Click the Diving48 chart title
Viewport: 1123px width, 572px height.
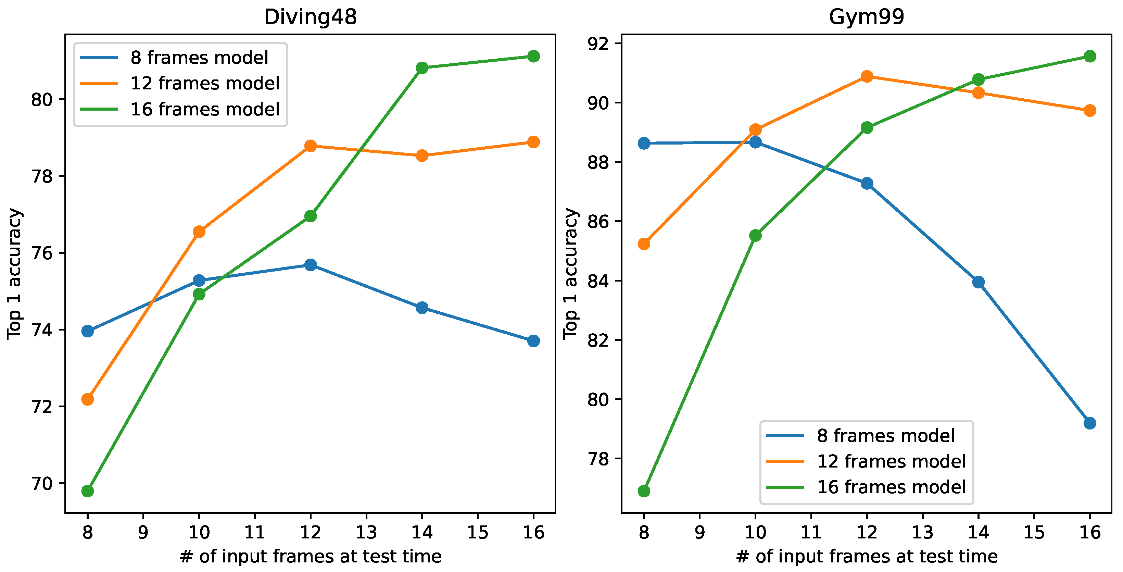[x=311, y=17]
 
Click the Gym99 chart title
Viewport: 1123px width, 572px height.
[x=866, y=17]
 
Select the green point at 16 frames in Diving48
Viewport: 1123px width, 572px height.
[x=533, y=56]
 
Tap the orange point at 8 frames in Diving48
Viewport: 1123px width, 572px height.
[x=88, y=399]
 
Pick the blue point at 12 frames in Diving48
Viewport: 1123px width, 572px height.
[x=311, y=265]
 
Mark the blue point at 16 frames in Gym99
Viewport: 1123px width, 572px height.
[x=1089, y=423]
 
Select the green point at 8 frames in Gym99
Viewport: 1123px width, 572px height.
[x=644, y=491]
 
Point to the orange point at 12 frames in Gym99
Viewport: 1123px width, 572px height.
[x=867, y=77]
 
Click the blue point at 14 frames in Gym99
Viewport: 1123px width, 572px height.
[x=978, y=282]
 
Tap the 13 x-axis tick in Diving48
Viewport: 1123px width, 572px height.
[x=366, y=532]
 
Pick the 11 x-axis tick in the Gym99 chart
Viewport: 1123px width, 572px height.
[x=811, y=532]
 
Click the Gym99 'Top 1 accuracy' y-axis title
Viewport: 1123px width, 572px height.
[x=571, y=273]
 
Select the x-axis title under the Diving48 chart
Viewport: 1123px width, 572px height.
[x=311, y=557]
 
